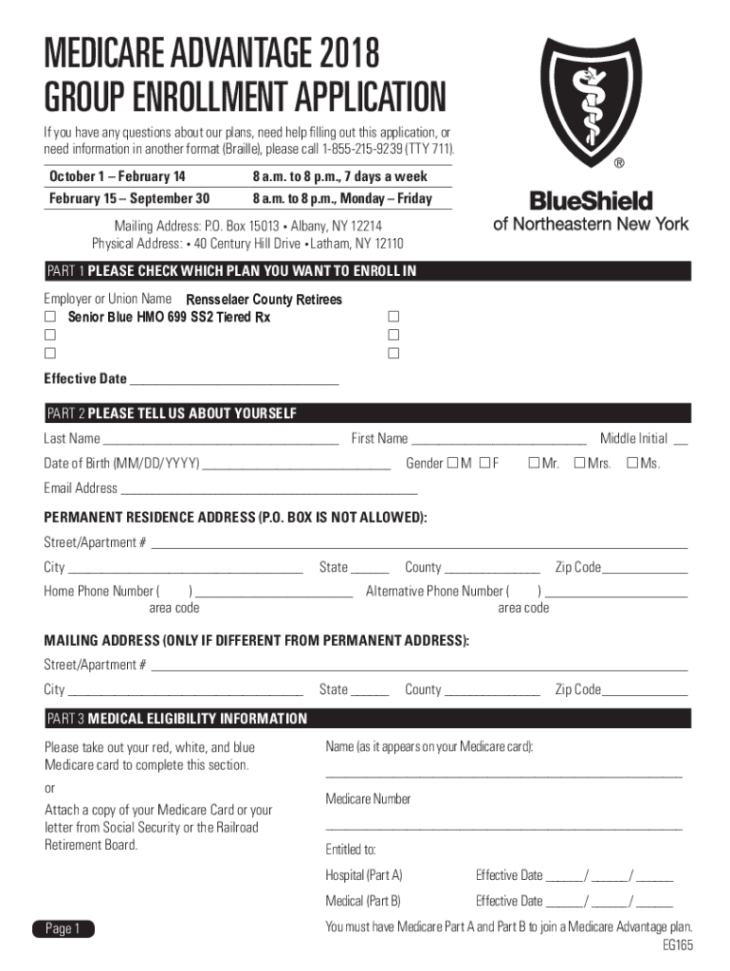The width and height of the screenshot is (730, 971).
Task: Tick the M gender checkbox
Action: [x=453, y=463]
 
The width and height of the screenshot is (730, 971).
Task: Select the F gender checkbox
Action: [x=484, y=463]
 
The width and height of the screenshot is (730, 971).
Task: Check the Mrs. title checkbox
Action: [x=579, y=463]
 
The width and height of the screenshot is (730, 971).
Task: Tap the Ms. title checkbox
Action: [x=631, y=463]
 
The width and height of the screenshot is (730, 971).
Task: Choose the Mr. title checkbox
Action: [x=533, y=463]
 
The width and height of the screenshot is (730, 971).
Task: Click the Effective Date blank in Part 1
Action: [x=233, y=381]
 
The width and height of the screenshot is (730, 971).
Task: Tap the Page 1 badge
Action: [x=63, y=929]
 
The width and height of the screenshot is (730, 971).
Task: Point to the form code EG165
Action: [x=678, y=945]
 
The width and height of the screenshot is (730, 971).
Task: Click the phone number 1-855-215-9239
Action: [x=361, y=150]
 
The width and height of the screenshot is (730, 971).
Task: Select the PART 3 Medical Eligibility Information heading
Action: [x=176, y=719]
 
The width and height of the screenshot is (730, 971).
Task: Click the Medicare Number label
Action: [x=368, y=799]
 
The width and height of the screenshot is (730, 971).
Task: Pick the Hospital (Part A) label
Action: [x=364, y=875]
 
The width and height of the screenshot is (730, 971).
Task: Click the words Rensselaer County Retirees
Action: [x=264, y=300]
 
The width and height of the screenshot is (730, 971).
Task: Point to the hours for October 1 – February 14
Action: [x=339, y=176]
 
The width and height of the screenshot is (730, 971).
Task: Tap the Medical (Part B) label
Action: [x=363, y=901]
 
